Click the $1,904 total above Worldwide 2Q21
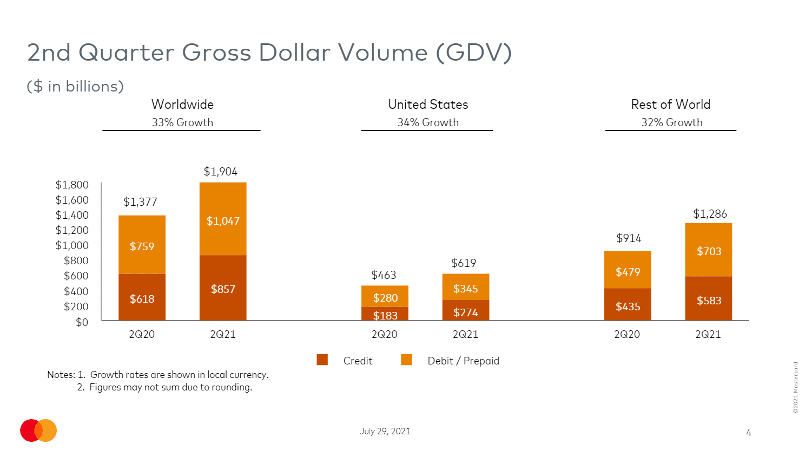(x=220, y=172)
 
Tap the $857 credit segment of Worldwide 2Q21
(x=223, y=288)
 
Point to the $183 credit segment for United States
(x=385, y=314)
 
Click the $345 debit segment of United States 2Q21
(x=465, y=287)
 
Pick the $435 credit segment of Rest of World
(x=628, y=305)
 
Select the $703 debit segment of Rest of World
(x=709, y=250)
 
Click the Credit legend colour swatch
(x=322, y=360)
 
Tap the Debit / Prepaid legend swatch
(x=406, y=360)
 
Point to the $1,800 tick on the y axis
(x=72, y=185)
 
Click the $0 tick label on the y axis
(x=82, y=322)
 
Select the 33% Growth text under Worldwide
(x=182, y=122)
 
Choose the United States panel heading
(x=428, y=105)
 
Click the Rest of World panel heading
(x=671, y=105)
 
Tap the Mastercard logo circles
(x=38, y=431)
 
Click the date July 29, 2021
(x=385, y=431)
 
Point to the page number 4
(x=749, y=432)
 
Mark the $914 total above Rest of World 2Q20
(x=629, y=238)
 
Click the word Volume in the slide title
(x=382, y=53)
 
